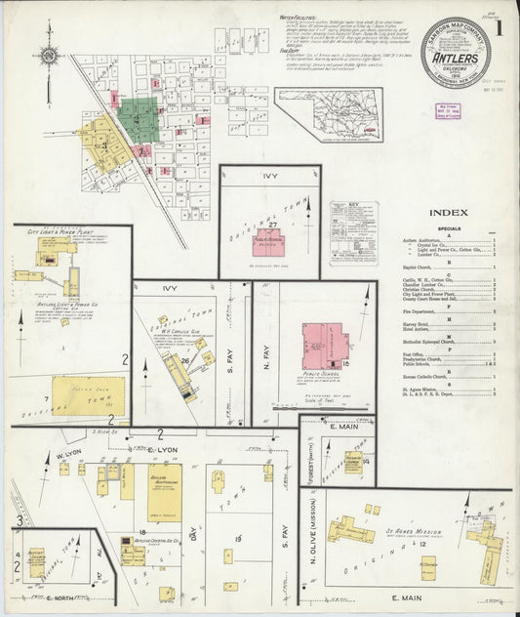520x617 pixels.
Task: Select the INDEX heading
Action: (x=448, y=212)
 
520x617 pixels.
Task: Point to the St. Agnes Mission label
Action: (x=395, y=506)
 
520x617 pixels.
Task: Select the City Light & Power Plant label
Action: (x=61, y=235)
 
